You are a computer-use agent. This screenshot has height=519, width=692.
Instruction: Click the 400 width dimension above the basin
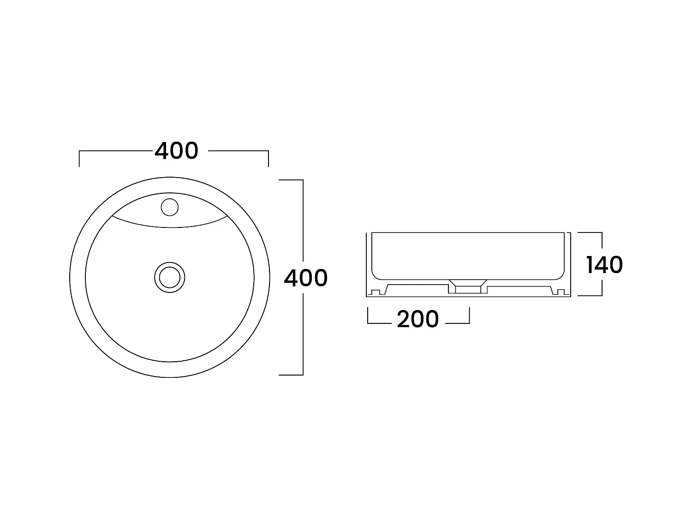176,151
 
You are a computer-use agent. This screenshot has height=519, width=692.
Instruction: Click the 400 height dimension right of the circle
305,278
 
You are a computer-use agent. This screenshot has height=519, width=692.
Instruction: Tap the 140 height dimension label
604,265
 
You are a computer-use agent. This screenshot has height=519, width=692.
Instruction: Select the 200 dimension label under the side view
418,319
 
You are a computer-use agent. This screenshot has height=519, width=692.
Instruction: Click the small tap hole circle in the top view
170,207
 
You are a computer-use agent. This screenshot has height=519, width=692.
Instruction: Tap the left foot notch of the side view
375,292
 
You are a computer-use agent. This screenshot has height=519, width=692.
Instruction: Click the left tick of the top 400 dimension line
80,158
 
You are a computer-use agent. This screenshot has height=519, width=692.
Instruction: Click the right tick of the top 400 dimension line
268,158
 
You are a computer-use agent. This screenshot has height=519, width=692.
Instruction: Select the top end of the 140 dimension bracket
590,233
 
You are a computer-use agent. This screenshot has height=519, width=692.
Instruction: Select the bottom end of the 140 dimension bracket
590,295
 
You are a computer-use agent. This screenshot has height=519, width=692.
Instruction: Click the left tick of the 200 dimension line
368,316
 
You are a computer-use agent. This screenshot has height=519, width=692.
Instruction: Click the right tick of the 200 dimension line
469,316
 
